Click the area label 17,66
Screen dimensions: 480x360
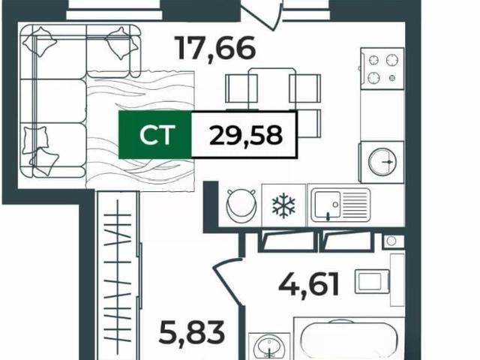coord(214,49)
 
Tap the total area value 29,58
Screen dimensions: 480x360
coord(245,135)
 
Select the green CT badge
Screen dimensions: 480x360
coord(155,135)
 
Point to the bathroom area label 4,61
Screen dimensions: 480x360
coord(308,285)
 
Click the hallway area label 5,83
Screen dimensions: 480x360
coord(192,332)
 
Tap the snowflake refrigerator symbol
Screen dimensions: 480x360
coord(283,205)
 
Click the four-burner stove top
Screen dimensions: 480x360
coord(382,68)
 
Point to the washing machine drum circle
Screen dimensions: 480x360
coord(382,162)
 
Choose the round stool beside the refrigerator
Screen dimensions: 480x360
coord(241,205)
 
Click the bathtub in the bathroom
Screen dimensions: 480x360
coord(349,340)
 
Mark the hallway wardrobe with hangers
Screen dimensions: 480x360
coord(118,274)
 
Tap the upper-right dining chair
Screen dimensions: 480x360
coord(305,88)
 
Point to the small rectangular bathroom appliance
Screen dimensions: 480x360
coord(372,281)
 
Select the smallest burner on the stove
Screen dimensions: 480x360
coord(391,78)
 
